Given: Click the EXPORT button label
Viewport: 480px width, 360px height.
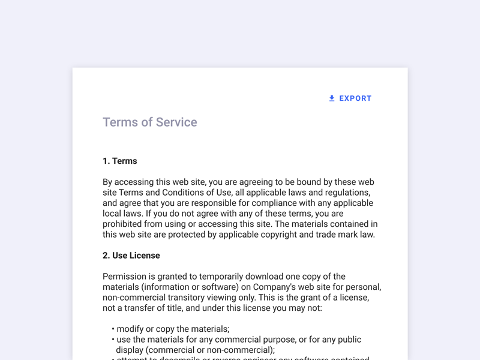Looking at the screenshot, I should pyautogui.click(x=355, y=98).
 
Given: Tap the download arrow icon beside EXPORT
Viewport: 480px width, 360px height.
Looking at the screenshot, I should pyautogui.click(x=332, y=98).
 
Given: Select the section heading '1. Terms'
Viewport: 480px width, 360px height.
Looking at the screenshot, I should pyautogui.click(x=120, y=161).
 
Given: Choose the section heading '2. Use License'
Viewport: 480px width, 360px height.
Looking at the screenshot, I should pyautogui.click(x=131, y=256).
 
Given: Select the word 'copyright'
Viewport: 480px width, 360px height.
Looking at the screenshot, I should pyautogui.click(x=269, y=235).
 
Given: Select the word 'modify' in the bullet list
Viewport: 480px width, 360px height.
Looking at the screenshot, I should pyautogui.click(x=131, y=329).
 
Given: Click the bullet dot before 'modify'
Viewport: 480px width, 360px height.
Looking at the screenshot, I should pyautogui.click(x=113, y=329).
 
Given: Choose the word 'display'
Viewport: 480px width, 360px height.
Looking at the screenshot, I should pyautogui.click(x=131, y=350).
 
